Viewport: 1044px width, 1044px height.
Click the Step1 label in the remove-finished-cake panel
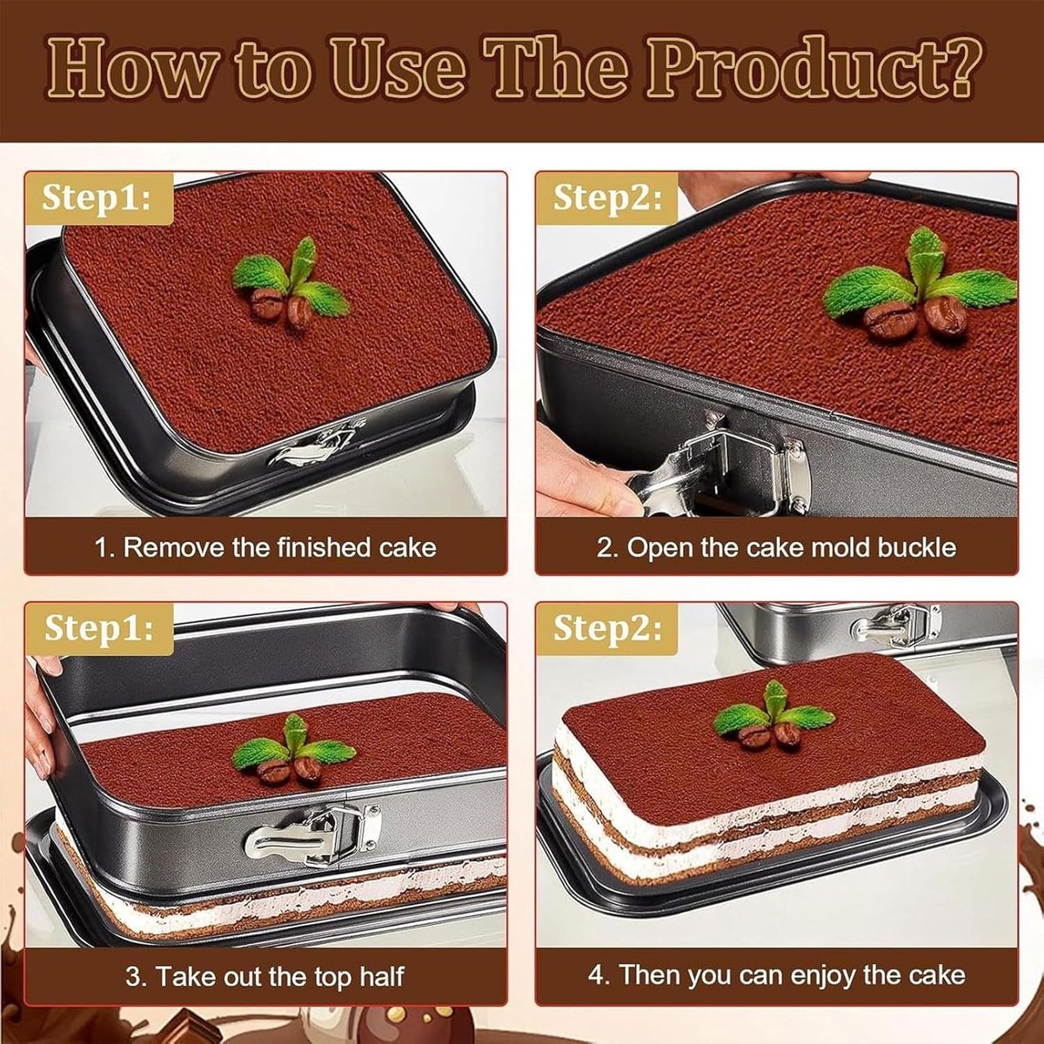pos(97,197)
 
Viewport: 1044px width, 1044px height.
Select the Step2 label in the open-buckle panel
pos(607,197)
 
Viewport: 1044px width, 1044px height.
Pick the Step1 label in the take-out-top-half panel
pos(98,628)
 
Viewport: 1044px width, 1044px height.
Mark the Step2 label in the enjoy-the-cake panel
pos(607,628)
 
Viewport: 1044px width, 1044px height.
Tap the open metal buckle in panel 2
pos(720,466)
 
